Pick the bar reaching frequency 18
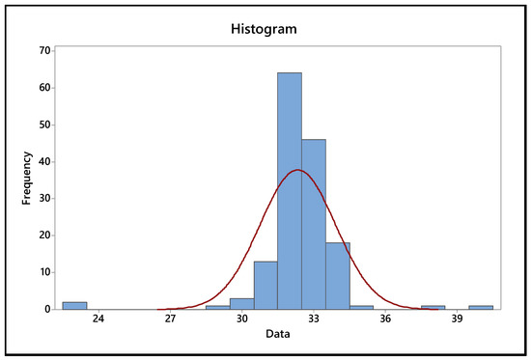point(337,276)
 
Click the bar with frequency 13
point(265,286)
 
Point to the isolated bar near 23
point(74,306)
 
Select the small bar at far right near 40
point(481,307)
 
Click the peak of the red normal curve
point(298,171)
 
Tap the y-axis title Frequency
point(28,180)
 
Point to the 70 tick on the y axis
point(45,50)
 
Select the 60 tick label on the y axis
point(45,87)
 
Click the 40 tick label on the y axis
point(45,161)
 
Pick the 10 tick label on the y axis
point(45,272)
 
